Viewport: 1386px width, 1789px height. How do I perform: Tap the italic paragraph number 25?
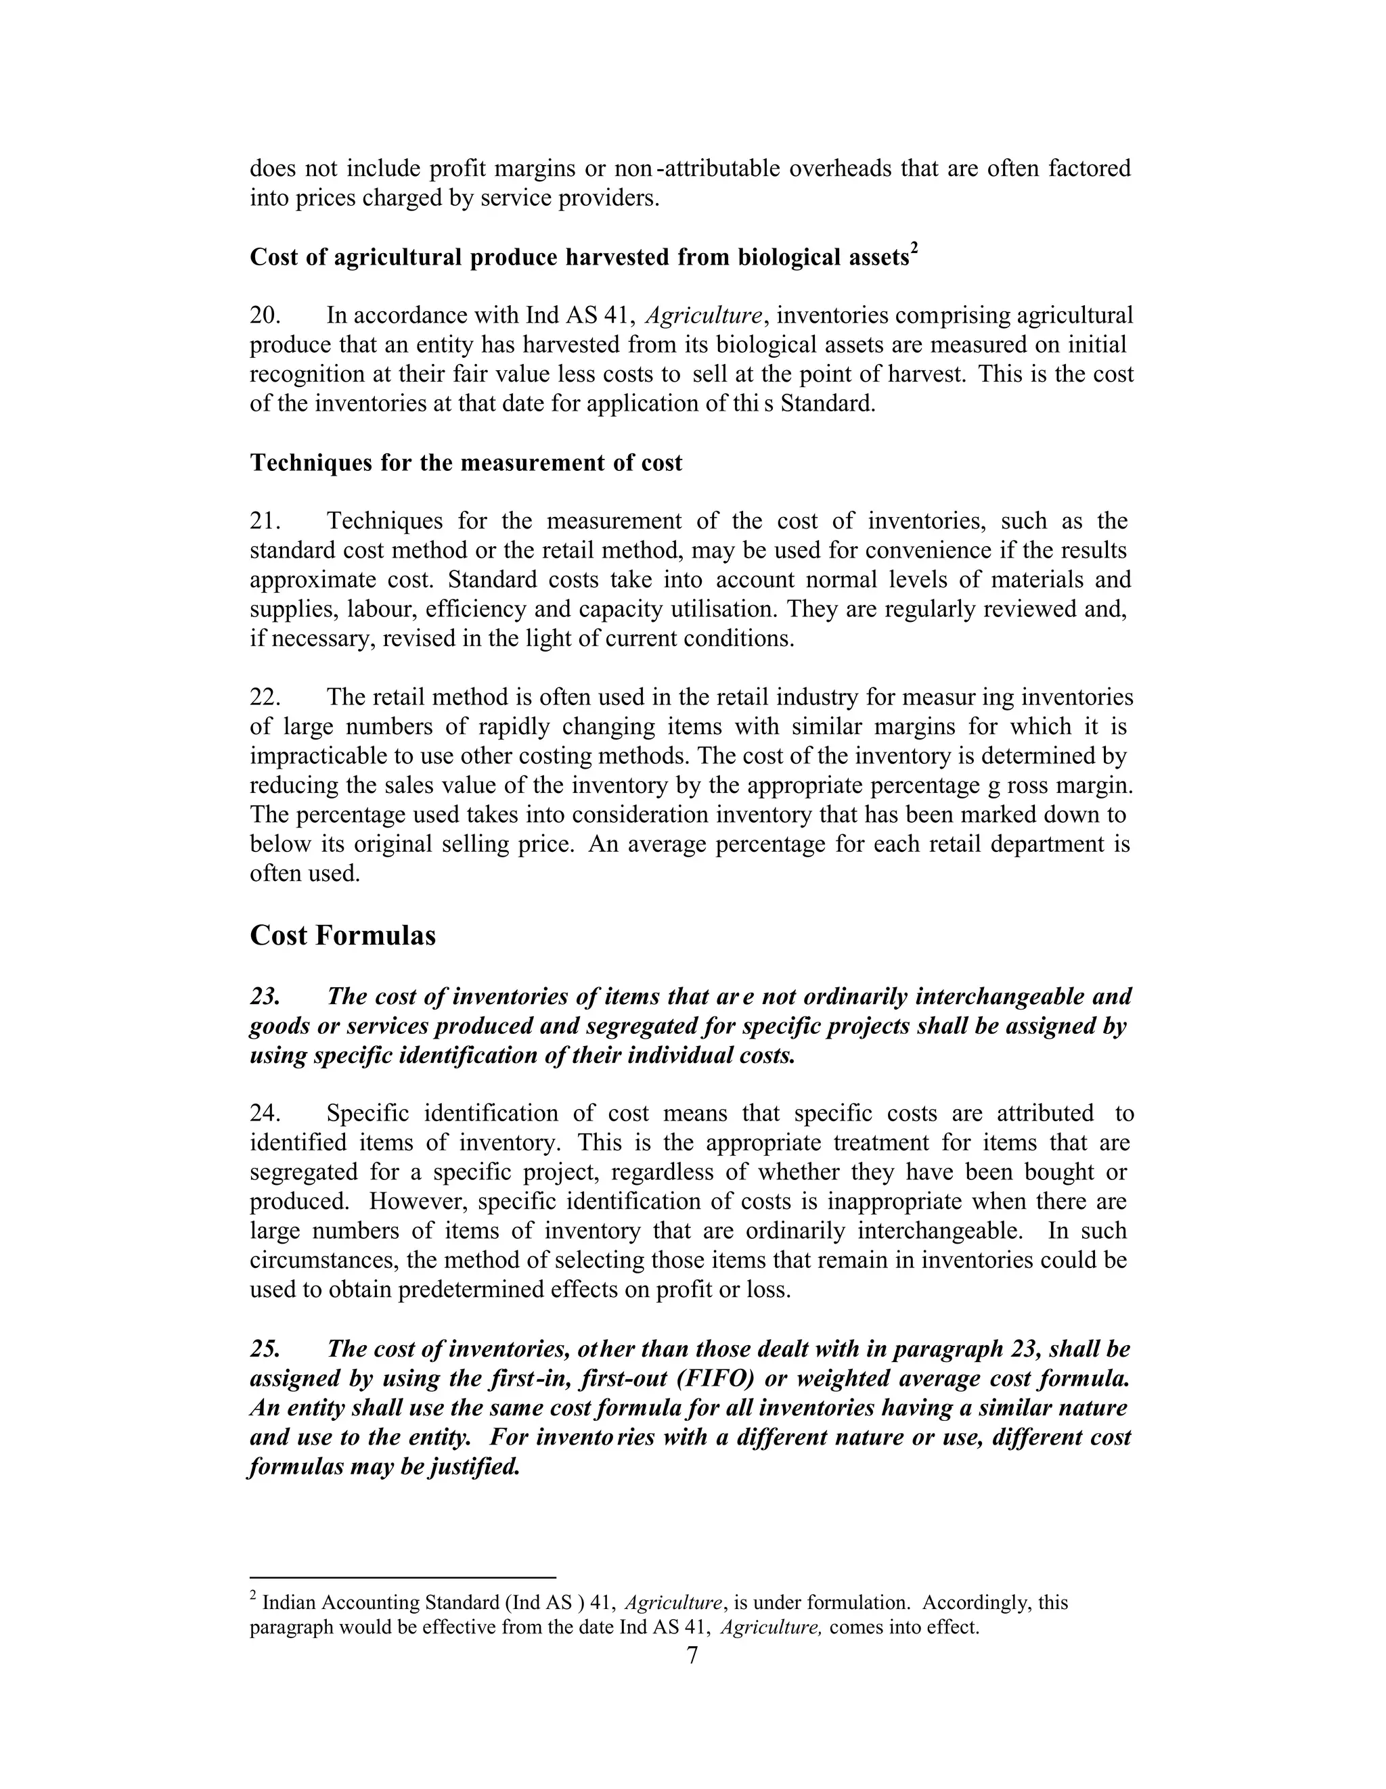(265, 1349)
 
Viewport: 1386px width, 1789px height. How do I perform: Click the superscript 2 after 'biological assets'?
(915, 249)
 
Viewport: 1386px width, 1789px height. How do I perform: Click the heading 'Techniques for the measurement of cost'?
(466, 463)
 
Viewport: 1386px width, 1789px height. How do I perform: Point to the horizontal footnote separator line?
(403, 1577)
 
